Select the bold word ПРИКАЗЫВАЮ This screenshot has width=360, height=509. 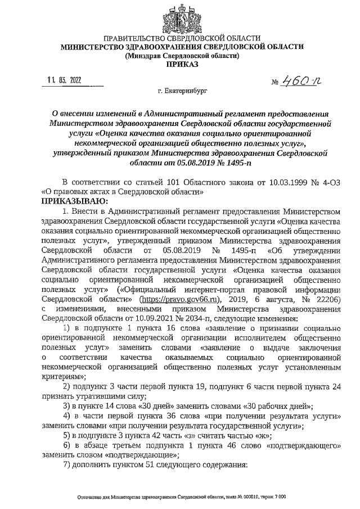[x=72, y=201]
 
